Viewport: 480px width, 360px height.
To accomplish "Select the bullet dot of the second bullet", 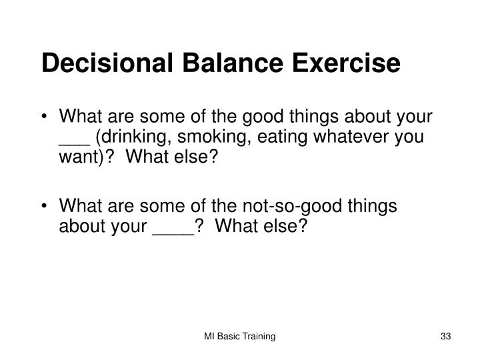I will pyautogui.click(x=45, y=207).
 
